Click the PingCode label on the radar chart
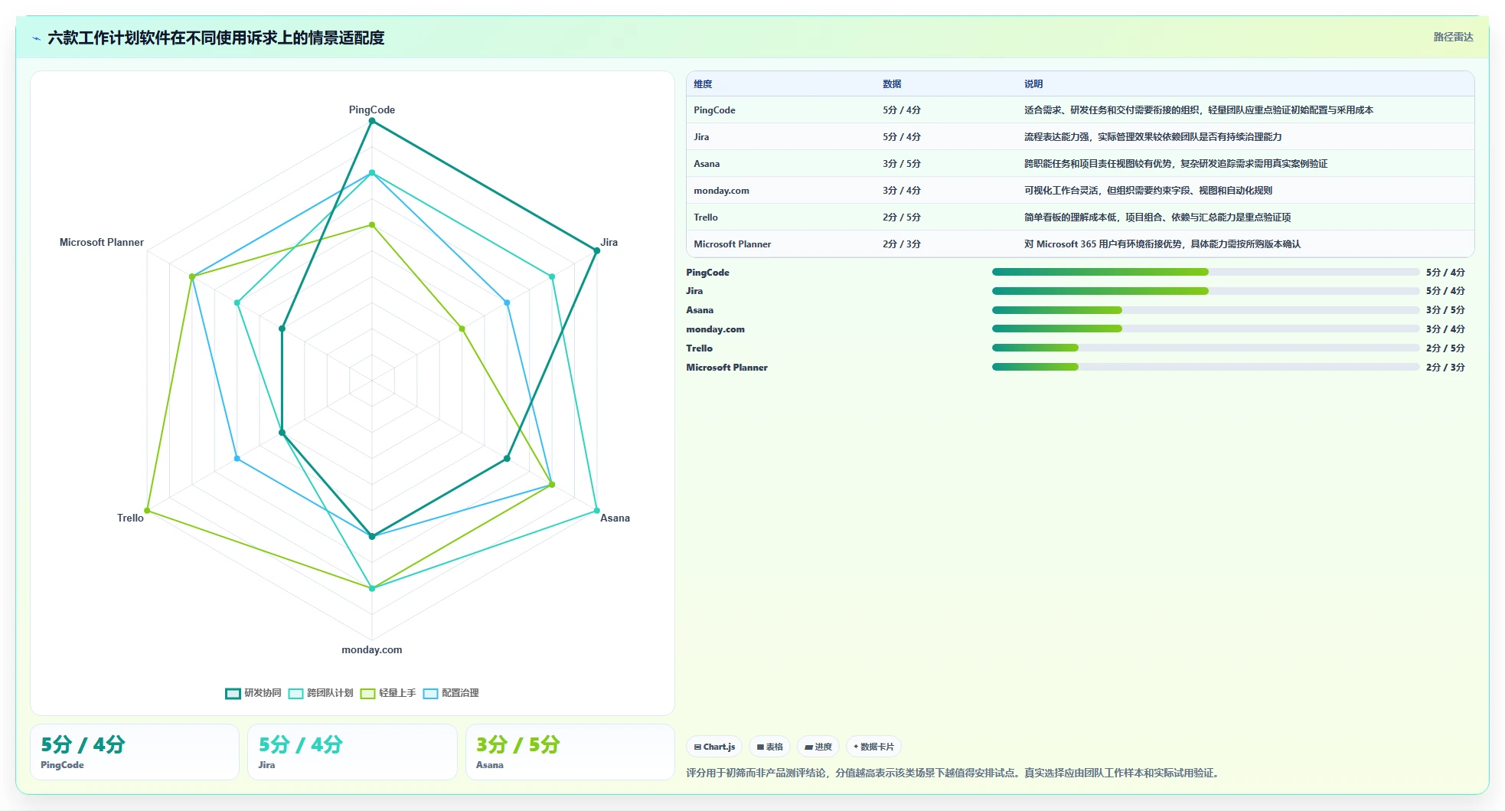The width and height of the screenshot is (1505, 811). coord(372,110)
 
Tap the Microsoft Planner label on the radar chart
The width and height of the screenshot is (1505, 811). coord(102,242)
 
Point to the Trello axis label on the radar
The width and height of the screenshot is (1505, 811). coord(130,518)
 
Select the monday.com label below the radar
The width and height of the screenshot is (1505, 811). coord(372,649)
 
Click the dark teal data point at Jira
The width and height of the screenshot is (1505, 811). coord(596,250)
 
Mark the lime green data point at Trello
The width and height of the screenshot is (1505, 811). coord(148,510)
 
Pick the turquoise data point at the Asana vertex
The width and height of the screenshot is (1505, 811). coord(596,510)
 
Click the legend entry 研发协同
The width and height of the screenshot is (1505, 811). coord(253,693)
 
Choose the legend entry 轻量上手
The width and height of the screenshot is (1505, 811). coord(388,693)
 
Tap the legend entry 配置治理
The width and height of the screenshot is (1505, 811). coord(451,693)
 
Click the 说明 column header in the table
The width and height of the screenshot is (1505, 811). coord(1033,84)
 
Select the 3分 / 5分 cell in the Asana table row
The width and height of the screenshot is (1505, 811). coord(902,164)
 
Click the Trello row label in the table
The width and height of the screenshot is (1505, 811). coord(706,217)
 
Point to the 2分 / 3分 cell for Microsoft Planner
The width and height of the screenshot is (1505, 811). coord(902,244)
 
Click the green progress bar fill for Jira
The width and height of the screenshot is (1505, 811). coord(1100,291)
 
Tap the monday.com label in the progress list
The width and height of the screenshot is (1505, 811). coord(715,329)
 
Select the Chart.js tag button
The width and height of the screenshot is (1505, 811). coord(714,747)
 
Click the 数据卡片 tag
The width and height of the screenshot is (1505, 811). coord(873,747)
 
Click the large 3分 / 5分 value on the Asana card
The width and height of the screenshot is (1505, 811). coord(518,744)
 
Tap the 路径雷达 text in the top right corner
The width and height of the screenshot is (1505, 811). coord(1453,37)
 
